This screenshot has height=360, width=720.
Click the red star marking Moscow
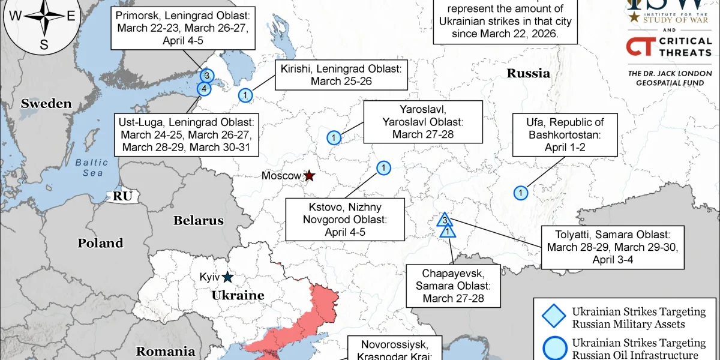pos(309,176)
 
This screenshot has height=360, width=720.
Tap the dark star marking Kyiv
pos(227,277)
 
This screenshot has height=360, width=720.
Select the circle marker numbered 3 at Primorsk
pos(206,76)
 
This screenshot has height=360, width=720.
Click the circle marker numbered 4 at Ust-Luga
pos(204,89)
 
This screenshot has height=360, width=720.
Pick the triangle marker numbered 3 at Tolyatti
pos(445,220)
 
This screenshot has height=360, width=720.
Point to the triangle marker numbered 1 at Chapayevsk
pos(449,231)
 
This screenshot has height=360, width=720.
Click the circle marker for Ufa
pos(521,193)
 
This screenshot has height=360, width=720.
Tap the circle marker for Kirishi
pos(245,95)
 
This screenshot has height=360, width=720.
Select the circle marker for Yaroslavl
pos(334,137)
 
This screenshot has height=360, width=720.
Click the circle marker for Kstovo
pos(383,167)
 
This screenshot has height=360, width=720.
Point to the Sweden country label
pos(46,104)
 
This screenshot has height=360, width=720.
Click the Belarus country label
pos(198,221)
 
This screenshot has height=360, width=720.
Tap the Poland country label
pos(100,243)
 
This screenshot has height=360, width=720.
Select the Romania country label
pos(165,352)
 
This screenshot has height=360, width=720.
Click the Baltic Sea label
pos(92,167)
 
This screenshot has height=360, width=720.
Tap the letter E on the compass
pos(70,16)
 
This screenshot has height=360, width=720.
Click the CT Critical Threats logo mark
pos(638,46)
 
